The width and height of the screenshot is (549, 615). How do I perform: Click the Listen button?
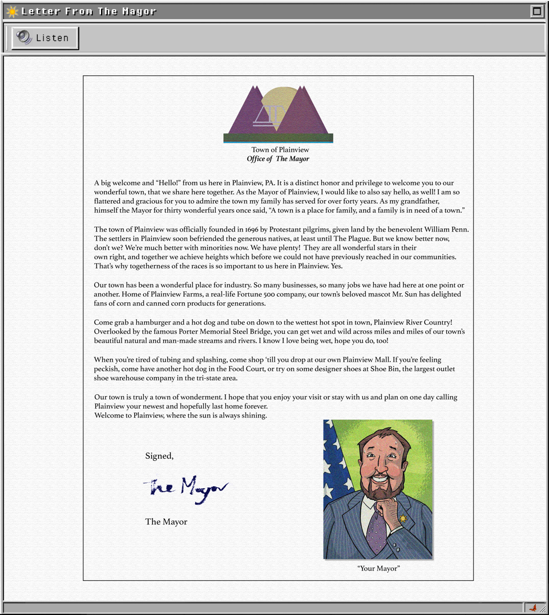click(x=45, y=38)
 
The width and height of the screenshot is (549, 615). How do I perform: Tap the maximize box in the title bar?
click(x=536, y=11)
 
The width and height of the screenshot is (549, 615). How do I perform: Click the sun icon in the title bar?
click(x=11, y=11)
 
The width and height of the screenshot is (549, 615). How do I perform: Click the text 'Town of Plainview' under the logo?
click(x=280, y=149)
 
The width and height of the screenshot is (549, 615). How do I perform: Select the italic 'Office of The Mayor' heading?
click(x=278, y=159)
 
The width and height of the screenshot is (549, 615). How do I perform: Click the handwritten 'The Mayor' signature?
click(x=185, y=488)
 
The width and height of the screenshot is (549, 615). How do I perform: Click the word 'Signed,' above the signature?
click(x=159, y=456)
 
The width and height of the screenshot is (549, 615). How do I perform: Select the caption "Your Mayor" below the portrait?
click(x=378, y=568)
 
